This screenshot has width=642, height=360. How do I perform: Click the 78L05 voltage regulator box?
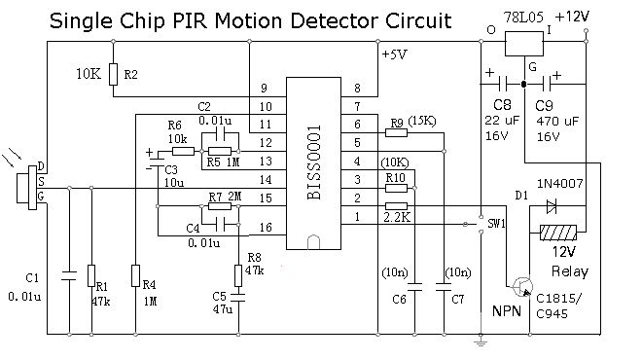pos(524,44)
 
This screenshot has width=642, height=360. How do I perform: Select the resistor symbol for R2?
pos(114,74)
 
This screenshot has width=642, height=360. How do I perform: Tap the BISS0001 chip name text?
pos(314,162)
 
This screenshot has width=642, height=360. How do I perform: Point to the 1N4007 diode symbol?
pos(552,207)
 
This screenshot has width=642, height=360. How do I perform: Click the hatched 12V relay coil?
pos(558,234)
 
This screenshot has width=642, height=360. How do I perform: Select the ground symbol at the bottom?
pos(481,341)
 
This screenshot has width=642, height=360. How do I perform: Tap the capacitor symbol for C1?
pos(69,275)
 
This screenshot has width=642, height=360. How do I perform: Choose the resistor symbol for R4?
pos(135,275)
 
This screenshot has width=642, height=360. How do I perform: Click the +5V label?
pos(394,54)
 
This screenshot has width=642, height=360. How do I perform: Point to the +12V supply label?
pos(572,18)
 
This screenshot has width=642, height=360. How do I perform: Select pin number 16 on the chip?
pos(266,227)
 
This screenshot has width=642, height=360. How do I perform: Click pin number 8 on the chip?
pos(357,88)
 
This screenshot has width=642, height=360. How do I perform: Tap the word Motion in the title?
pos(248,20)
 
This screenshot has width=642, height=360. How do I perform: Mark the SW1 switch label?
pos(496,224)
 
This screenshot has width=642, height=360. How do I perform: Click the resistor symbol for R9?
pos(396,132)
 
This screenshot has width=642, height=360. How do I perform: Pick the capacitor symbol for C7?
pos(444,286)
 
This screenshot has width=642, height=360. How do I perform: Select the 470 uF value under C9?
pos(557,122)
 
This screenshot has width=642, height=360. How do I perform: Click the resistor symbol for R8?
pos(238,275)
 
